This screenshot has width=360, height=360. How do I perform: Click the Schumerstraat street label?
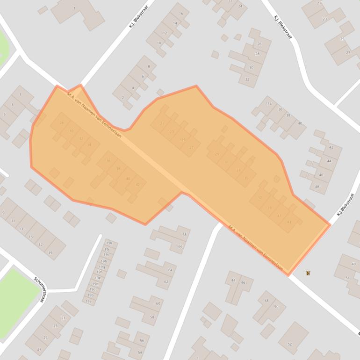coord(38,289)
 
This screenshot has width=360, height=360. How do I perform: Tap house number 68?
coord(184,235)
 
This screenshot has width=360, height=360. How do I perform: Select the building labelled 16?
coord(181,14)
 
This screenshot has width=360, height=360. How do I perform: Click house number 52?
coord(289,345)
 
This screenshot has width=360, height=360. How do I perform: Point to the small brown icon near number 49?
coord(307,273)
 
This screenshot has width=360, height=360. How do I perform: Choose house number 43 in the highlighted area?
coord(289,222)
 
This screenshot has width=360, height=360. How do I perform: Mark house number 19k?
coord(109,244)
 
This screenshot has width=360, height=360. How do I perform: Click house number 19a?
coord(88,302)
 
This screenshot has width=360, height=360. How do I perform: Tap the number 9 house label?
coord(3,213)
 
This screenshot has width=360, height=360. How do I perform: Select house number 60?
coord(158,304)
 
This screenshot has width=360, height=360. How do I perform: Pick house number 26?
coord(259,44)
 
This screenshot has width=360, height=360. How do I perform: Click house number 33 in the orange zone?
coord(238,170)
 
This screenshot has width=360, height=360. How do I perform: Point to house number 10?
coord(159,43)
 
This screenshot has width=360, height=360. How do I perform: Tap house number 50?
coord(276,307)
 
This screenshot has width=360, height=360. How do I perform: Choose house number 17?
coord(41,245)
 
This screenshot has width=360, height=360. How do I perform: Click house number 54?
coord(140,352)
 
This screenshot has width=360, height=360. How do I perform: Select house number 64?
coord(170,270)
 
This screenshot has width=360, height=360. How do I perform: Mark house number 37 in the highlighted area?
coord(259,198)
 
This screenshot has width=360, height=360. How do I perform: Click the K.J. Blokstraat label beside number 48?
coord(345,205)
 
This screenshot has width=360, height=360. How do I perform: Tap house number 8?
coord(149,67)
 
